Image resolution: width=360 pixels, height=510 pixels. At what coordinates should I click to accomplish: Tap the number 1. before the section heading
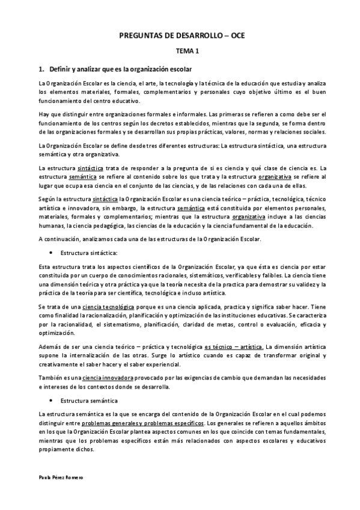point(41,70)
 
